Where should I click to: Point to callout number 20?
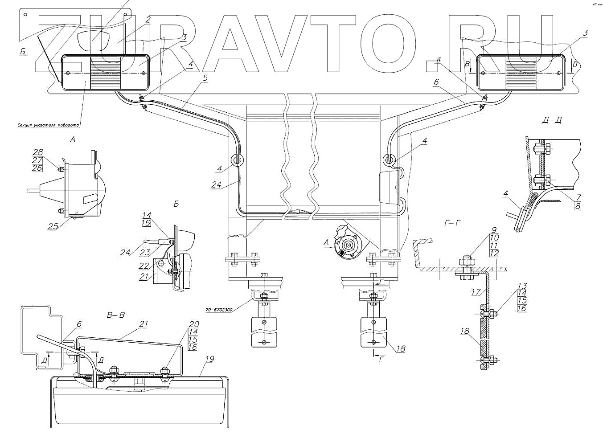192,324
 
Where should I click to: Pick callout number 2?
148,20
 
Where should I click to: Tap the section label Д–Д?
549,121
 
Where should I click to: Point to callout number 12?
493,253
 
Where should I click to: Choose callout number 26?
37,168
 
